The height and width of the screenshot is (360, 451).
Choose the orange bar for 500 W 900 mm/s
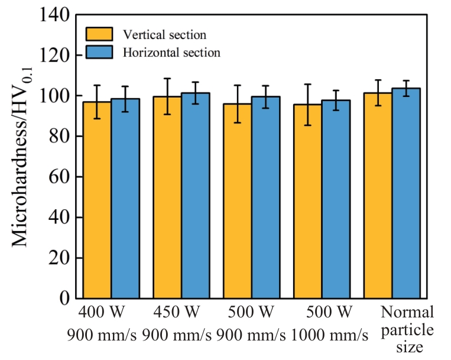click(x=238, y=201)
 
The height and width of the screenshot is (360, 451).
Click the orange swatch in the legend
click(x=101, y=34)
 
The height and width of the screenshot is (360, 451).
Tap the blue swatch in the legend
click(x=101, y=52)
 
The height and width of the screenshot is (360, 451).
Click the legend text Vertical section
click(x=164, y=35)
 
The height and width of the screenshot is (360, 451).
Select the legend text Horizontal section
click(x=171, y=53)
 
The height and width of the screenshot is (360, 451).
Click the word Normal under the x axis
click(x=407, y=312)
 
